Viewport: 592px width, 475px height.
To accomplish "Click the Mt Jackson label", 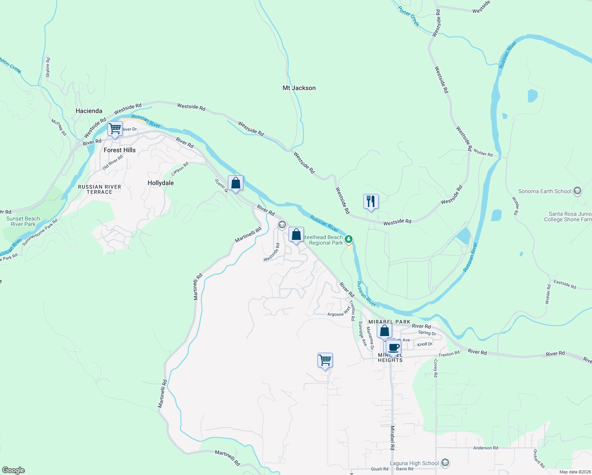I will click(x=299, y=88).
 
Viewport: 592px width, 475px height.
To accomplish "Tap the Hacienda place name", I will click(x=89, y=111).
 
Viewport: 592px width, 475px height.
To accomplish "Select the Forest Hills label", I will click(x=120, y=150).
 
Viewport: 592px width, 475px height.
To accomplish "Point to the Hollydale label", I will click(x=161, y=183).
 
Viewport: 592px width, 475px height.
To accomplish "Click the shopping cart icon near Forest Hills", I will click(x=115, y=129).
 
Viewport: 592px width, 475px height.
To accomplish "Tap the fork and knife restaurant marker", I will click(x=371, y=201).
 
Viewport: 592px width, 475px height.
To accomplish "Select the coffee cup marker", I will click(x=393, y=347).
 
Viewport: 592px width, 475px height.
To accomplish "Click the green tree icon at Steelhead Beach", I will click(x=349, y=239).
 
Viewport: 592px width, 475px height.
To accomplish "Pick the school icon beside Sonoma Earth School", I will click(x=577, y=191).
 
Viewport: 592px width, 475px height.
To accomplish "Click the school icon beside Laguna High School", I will click(x=445, y=463).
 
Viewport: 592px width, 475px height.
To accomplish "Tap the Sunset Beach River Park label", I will click(x=23, y=221).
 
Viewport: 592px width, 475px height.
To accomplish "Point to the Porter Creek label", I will click(x=409, y=17).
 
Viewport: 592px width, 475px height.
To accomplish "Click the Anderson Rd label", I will click(x=486, y=448).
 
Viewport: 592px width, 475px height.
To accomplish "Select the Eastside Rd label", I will click(x=565, y=284).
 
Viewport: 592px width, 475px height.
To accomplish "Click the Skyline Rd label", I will click(x=48, y=67).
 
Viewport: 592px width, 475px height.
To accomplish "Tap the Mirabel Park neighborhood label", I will click(x=389, y=322).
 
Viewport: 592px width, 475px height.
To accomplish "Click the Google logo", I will click(x=13, y=470).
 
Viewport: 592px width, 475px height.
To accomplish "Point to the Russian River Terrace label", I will click(x=99, y=189).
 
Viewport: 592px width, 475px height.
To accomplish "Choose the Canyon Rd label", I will click(x=180, y=169).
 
